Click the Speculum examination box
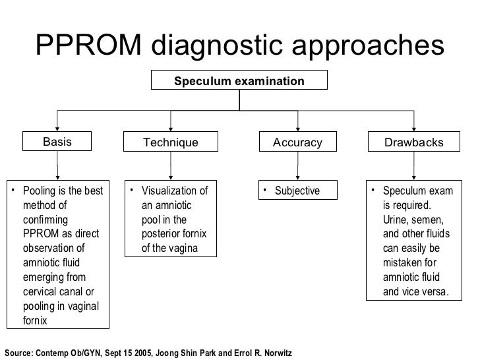click(x=239, y=81)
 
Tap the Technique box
click(x=171, y=142)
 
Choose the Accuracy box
click(x=298, y=142)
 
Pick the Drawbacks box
click(x=413, y=142)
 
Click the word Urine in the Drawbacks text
click(x=396, y=220)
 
